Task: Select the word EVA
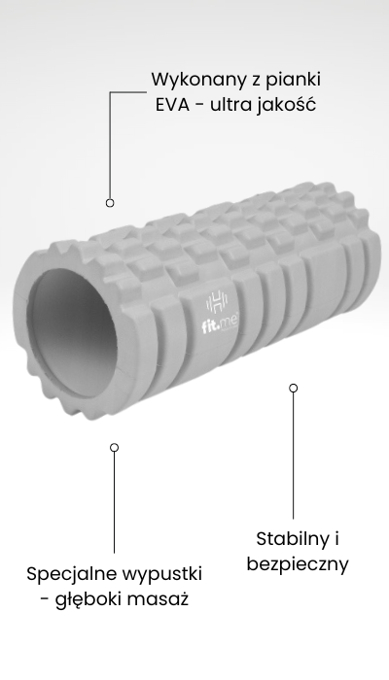pyautogui.click(x=172, y=105)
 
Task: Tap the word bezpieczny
pyautogui.click(x=298, y=564)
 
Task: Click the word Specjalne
pyautogui.click(x=67, y=574)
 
